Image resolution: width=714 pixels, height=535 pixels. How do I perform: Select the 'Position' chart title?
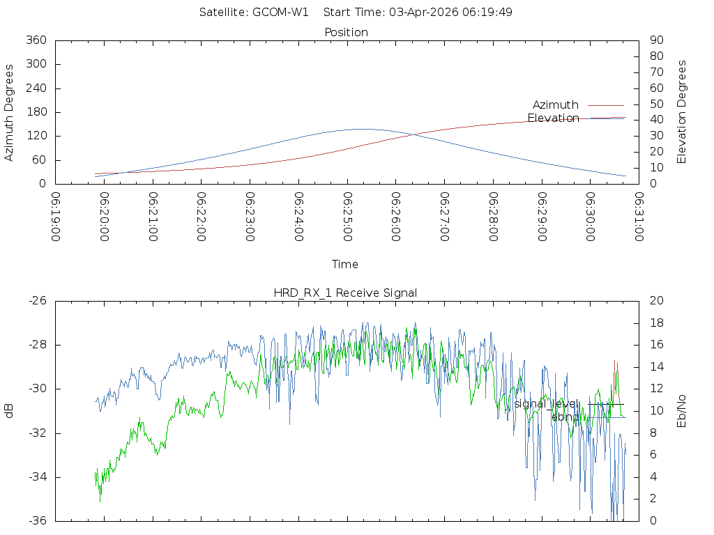(x=347, y=32)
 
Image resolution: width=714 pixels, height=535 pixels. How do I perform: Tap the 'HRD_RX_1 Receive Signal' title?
(x=345, y=293)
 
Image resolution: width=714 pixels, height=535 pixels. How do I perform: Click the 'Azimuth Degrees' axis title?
(x=9, y=112)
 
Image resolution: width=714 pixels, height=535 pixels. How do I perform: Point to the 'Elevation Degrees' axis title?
(x=682, y=111)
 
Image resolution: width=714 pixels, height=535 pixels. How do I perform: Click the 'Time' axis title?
(x=345, y=264)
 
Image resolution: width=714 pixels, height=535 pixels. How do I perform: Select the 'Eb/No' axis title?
(x=682, y=411)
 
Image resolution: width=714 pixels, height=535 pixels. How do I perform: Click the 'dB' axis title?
(x=9, y=411)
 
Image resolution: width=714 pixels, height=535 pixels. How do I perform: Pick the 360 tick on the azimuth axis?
(x=36, y=40)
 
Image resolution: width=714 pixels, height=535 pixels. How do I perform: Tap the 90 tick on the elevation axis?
(x=656, y=40)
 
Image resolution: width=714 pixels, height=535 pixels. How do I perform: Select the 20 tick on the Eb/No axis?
(x=656, y=301)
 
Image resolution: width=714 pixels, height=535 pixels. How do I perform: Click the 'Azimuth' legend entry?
(x=556, y=105)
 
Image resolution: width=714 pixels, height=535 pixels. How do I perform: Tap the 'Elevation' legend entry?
(x=553, y=118)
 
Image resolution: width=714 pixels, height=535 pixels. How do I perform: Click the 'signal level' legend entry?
(x=547, y=404)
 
